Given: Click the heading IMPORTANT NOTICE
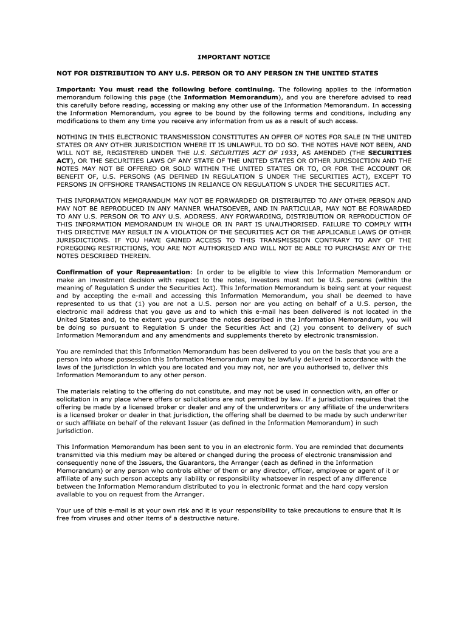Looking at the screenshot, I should [234, 57].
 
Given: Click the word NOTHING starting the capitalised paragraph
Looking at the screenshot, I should [76, 137].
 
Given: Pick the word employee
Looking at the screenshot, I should [322, 470].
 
